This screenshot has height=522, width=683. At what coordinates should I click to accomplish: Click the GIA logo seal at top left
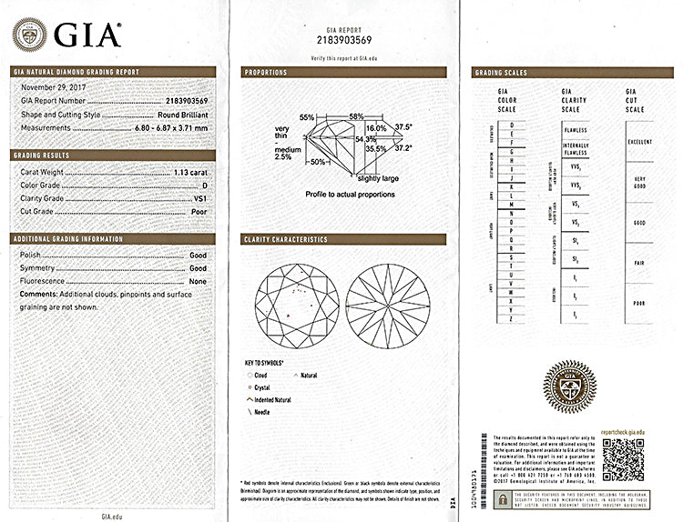point(29,35)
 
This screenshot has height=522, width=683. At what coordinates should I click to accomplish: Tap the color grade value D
point(204,185)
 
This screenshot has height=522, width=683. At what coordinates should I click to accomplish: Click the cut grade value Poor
point(198,212)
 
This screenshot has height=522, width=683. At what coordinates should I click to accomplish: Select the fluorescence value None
point(198,283)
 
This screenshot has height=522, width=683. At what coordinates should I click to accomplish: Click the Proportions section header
point(266,73)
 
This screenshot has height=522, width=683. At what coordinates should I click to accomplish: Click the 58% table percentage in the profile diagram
point(356,116)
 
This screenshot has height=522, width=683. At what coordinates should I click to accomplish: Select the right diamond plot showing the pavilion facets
point(387,305)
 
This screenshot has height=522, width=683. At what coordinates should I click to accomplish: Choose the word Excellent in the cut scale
point(640,143)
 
